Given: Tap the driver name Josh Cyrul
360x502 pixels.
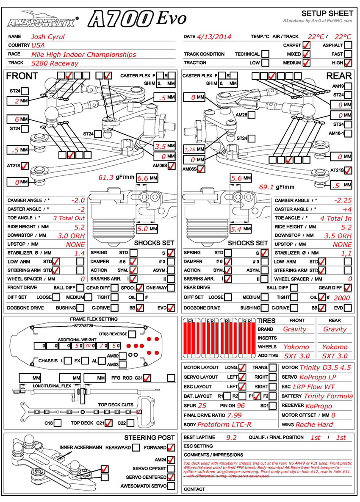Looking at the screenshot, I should [x=48, y=36].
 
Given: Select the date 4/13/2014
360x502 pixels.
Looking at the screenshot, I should [x=214, y=36].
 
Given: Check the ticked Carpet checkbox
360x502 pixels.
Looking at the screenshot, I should [x=306, y=45].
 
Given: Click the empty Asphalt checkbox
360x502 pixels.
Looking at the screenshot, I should [x=348, y=45].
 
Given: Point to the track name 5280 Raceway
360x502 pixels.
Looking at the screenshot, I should [x=55, y=63].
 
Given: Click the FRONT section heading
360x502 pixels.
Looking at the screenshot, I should [x=22, y=76].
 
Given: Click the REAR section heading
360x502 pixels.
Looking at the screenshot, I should [x=339, y=76].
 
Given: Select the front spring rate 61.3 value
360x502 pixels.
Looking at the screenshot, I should [x=106, y=178].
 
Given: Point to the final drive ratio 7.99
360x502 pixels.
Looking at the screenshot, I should [x=235, y=415].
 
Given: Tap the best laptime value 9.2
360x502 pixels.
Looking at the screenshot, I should [x=231, y=437].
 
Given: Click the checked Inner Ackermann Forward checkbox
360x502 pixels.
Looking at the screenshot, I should [x=171, y=447].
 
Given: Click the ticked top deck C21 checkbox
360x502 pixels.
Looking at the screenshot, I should [x=109, y=422].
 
